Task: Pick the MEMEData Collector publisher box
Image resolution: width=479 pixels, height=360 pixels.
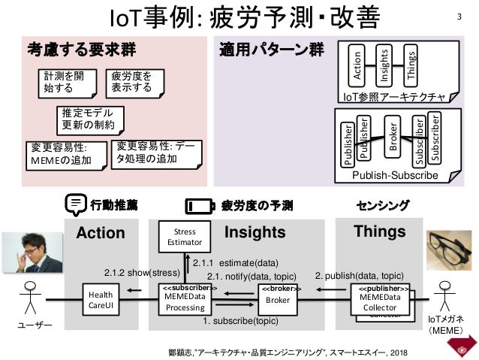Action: tap(381, 299)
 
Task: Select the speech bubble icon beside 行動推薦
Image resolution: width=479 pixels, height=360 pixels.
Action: tap(74, 204)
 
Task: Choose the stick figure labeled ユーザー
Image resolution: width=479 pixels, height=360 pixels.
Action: tap(30, 301)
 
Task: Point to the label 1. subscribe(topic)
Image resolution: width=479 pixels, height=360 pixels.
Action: tap(240, 321)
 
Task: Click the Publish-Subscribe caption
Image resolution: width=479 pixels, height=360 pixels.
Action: tap(395, 175)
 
